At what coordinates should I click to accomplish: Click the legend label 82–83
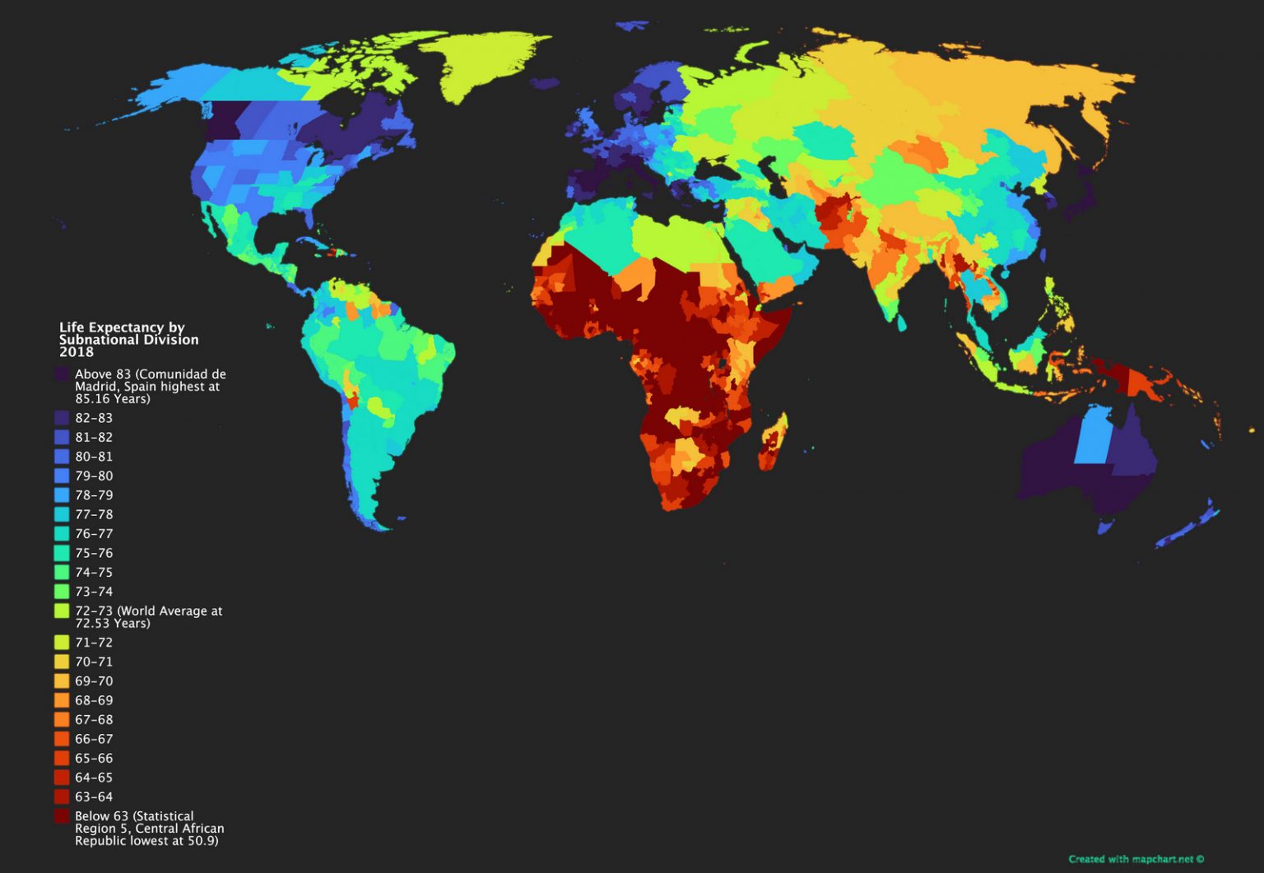pos(94,418)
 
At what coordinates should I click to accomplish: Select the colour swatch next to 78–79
pos(62,495)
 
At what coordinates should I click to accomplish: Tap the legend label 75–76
pos(94,553)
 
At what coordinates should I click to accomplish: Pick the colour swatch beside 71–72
pos(62,643)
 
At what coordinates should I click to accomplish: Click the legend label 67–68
pos(94,720)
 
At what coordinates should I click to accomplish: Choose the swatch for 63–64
pos(62,797)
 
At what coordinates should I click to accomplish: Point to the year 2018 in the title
pos(77,352)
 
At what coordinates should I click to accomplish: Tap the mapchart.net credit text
pos(1136,859)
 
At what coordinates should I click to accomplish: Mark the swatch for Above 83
pos(62,374)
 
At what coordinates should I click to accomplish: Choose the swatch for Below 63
pos(62,816)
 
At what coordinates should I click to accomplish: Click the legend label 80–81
pos(94,457)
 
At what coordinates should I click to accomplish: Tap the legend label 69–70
pos(94,681)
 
